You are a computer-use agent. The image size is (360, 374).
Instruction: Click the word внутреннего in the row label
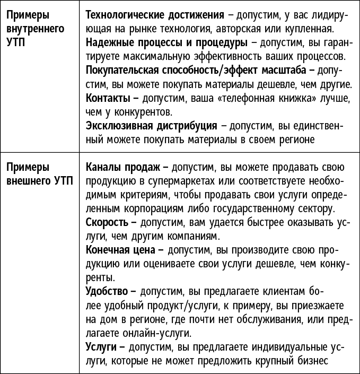pos(32,28)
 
